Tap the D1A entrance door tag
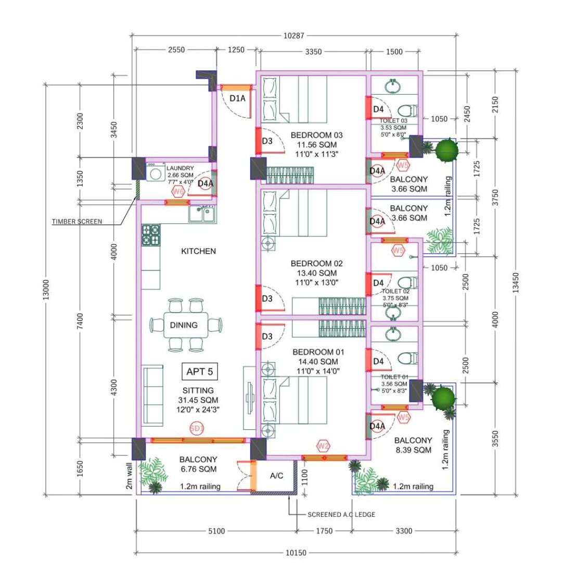[x=237, y=98]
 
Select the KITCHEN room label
[x=198, y=251]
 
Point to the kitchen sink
[x=203, y=213]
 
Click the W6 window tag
[x=178, y=192]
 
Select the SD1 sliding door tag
[x=196, y=428]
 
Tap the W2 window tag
[x=324, y=445]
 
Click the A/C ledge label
[x=277, y=476]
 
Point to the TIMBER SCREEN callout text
[x=77, y=221]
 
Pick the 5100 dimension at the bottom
[x=216, y=531]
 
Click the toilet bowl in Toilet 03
[x=407, y=110]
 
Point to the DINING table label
[x=184, y=325]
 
